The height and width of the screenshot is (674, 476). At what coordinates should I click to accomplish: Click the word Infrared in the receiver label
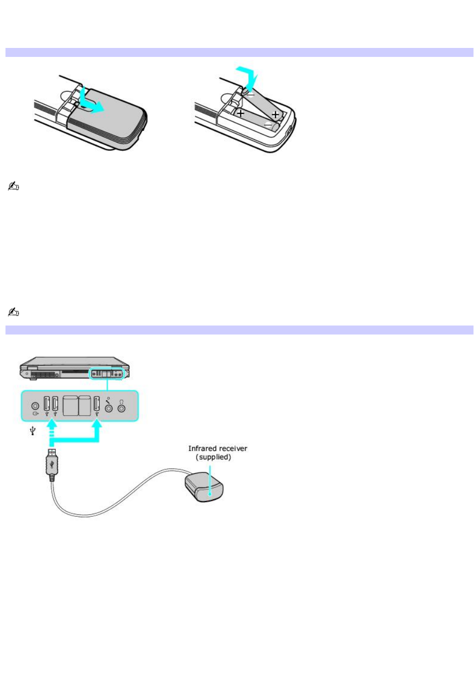202,449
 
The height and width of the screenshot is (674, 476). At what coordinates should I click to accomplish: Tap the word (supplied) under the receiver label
214,457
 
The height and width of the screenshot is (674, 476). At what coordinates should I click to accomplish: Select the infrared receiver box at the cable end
204,487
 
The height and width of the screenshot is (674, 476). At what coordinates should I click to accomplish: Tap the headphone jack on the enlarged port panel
121,408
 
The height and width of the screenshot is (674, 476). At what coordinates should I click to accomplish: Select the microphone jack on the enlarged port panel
109,408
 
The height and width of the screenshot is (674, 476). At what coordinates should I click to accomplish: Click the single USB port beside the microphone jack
96,403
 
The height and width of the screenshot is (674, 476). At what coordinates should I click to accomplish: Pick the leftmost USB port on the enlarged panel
46,403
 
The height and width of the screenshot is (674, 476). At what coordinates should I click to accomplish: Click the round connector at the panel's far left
35,406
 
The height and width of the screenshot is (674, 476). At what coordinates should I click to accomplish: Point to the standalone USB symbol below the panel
33,431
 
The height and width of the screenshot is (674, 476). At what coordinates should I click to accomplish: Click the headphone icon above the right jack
121,402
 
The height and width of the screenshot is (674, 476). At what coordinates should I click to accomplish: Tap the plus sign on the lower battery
240,113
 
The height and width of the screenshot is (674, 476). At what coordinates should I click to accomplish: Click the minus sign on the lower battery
267,125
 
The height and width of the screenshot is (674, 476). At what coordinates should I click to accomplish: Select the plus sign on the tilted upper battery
275,114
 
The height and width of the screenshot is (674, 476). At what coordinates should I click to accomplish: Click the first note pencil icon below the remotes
13,186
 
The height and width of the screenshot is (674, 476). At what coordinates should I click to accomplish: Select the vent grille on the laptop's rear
43,375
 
